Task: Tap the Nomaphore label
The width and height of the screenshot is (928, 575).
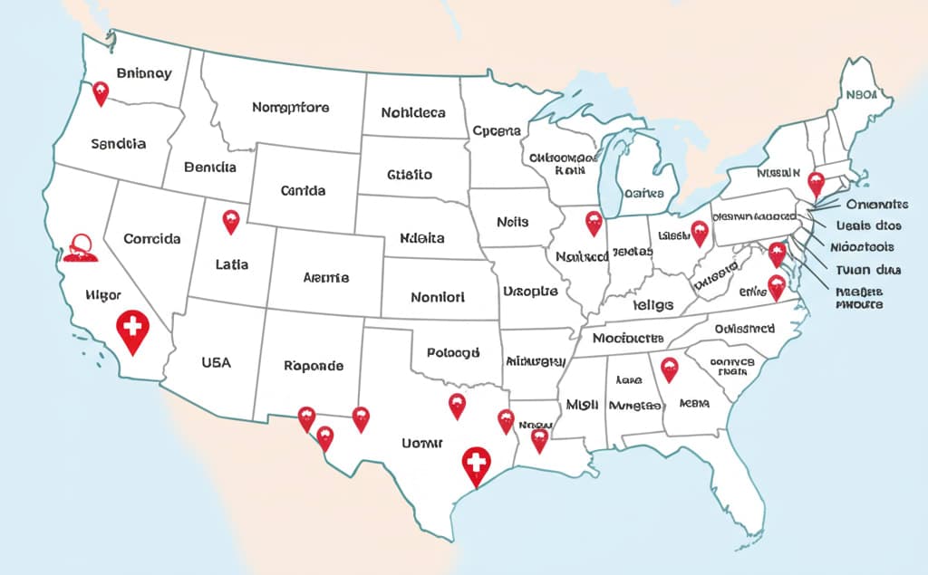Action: tap(290, 107)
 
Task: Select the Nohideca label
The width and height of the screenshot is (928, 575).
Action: tap(412, 113)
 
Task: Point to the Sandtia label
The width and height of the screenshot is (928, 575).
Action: tap(119, 143)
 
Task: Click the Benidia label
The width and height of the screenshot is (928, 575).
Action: tap(209, 168)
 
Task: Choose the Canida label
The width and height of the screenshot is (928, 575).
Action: tap(303, 191)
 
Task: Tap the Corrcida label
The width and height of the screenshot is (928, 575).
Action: tap(151, 239)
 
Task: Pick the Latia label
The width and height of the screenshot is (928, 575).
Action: tap(233, 265)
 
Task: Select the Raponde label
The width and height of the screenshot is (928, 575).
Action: tap(314, 366)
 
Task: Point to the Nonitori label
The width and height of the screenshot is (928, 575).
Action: tap(437, 296)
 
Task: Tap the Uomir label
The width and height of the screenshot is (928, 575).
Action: tap(421, 443)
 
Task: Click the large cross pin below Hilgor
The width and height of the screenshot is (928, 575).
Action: tap(133, 331)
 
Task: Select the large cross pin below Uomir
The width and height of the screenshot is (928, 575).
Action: tap(476, 465)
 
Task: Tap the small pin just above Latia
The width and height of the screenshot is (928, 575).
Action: tap(231, 219)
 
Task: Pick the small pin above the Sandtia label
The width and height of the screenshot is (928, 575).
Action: tap(101, 91)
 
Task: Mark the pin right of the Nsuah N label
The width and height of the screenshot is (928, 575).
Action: tap(816, 183)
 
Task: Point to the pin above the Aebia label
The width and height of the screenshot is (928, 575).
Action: tap(669, 368)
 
